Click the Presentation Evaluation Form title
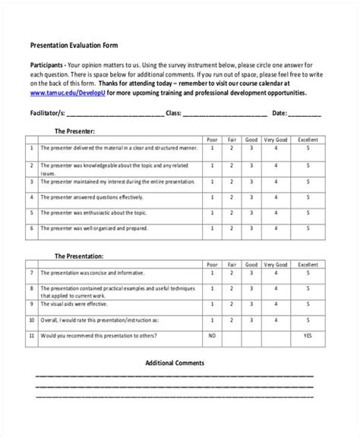pos(73,45)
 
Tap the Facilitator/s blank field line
pos(117,115)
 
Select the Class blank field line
pos(225,115)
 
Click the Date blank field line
pos(305,115)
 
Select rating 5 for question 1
pos(307,148)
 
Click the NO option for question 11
pos(212,335)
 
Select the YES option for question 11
pos(307,335)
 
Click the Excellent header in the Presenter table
pos(307,139)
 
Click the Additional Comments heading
pos(175,363)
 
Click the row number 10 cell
pos(32,320)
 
